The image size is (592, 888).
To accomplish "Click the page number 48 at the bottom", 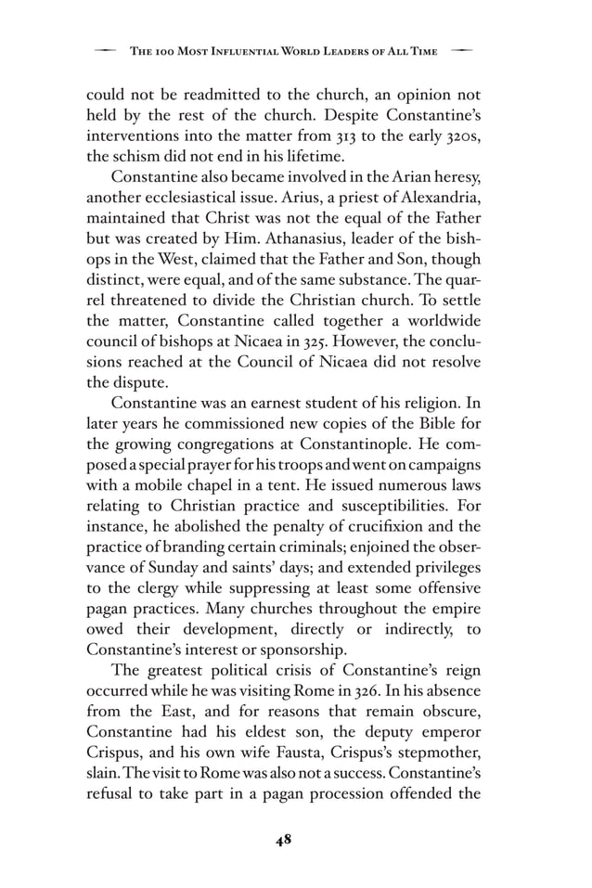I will point(284,840).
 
